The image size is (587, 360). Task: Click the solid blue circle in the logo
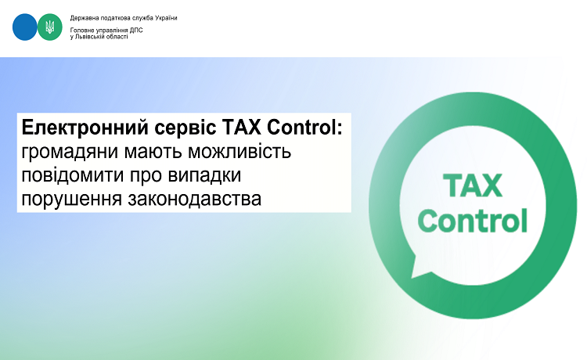[25, 27]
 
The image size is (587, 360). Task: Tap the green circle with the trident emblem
[50, 27]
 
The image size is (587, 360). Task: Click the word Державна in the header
[82, 18]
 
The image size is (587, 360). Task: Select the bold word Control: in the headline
[304, 128]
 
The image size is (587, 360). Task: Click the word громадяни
[69, 152]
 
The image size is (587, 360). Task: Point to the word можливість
[239, 151]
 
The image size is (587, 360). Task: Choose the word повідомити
[73, 175]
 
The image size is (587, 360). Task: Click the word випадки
[204, 176]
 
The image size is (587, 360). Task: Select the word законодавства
[194, 199]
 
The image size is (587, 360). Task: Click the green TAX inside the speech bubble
[473, 185]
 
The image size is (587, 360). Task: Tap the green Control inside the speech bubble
[473, 220]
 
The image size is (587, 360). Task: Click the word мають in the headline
[153, 152]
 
